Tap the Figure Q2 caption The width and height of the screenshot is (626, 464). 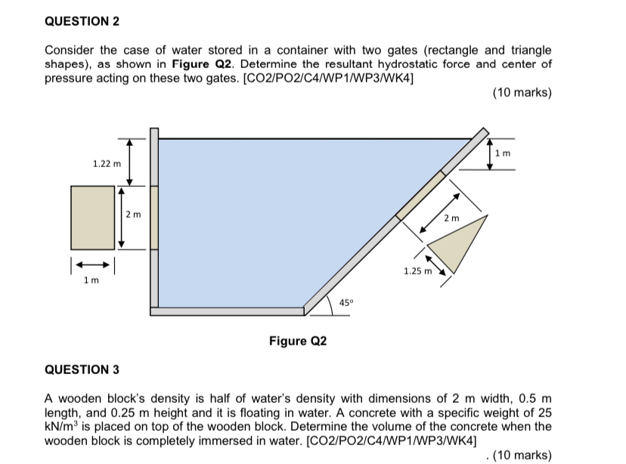tap(298, 341)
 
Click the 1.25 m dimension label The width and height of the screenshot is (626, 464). tap(417, 271)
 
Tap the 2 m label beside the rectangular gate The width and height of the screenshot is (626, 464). tap(132, 216)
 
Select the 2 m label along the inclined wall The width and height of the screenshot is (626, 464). tap(451, 218)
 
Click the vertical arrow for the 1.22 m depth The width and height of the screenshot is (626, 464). tap(129, 161)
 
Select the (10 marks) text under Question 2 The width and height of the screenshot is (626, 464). tap(522, 93)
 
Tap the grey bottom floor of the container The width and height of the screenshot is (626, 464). tap(227, 311)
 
